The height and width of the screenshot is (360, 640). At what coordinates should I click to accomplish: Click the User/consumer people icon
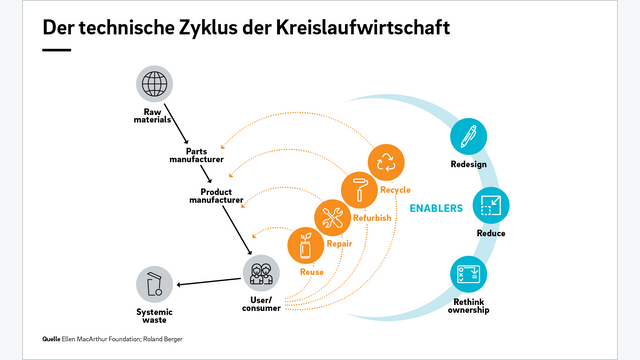(260, 272)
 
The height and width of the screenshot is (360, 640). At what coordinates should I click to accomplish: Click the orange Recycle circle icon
(386, 163)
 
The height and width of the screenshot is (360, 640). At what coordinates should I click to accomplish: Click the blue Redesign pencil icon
(468, 135)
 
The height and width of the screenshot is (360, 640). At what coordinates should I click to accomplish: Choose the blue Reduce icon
(491, 206)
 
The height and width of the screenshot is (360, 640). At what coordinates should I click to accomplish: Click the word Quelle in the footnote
(51, 339)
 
